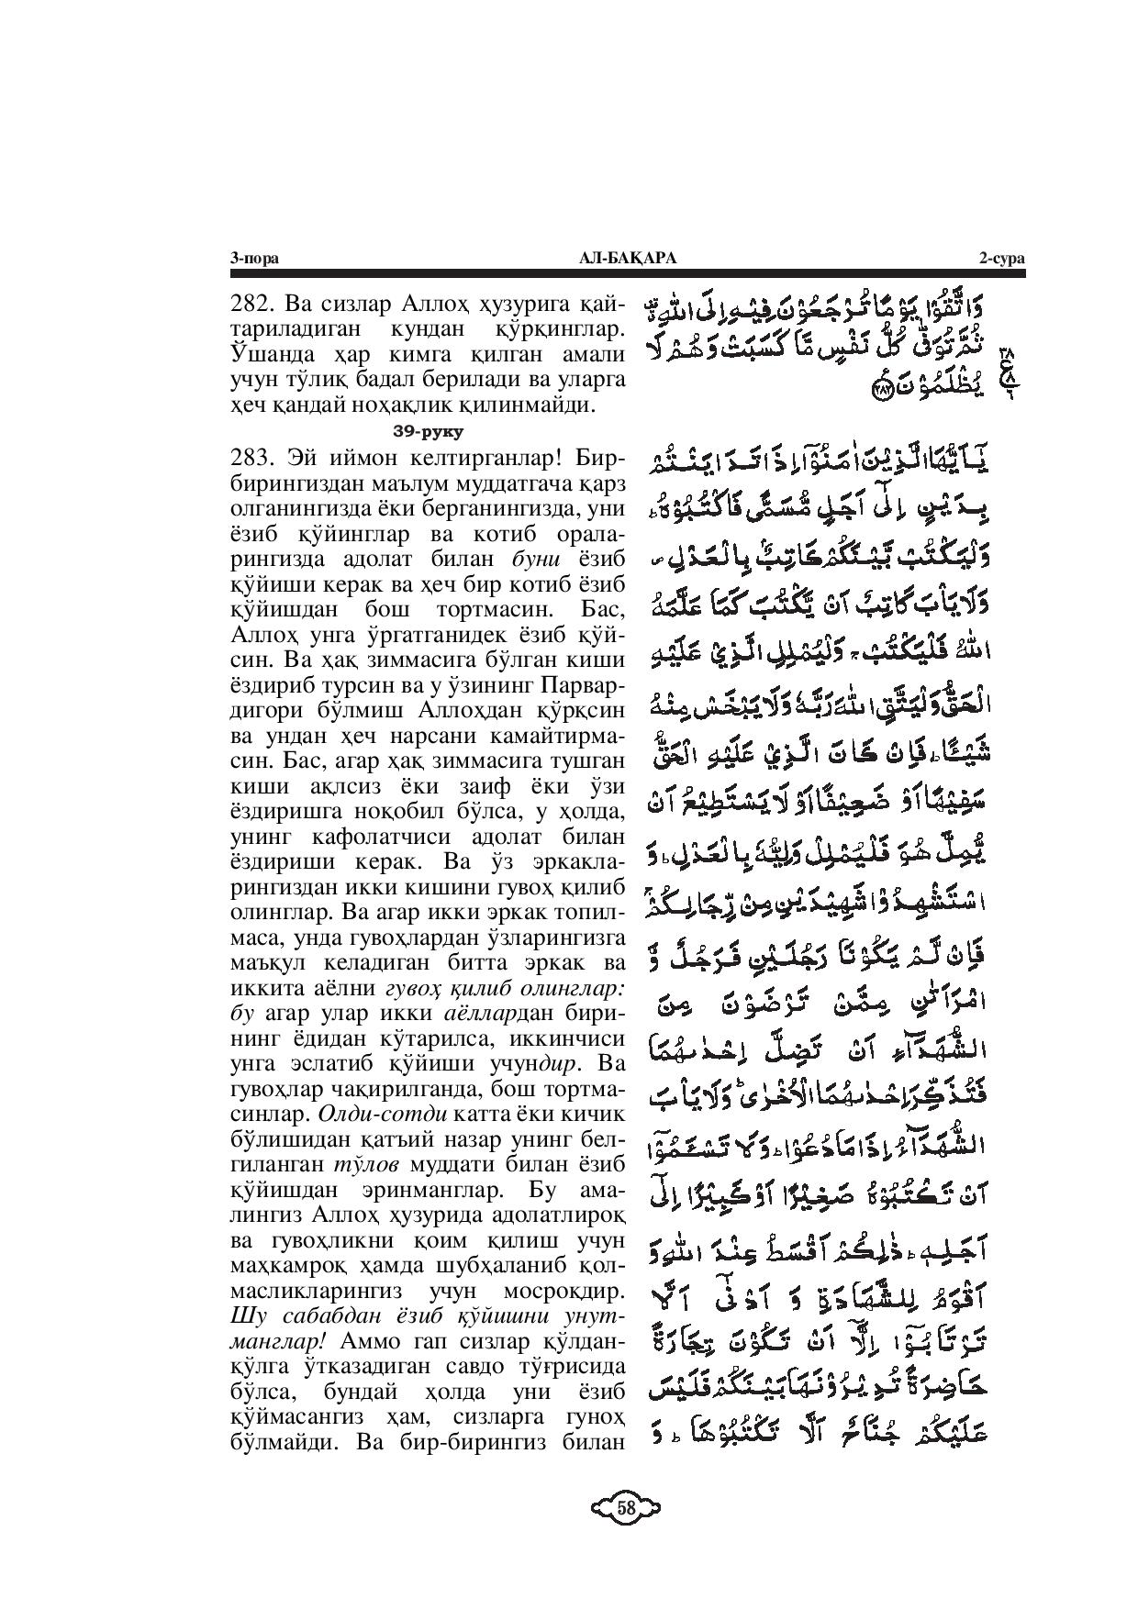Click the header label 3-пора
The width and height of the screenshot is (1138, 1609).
pyautogui.click(x=254, y=260)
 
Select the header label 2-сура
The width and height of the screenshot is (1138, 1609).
pyautogui.click(x=1001, y=260)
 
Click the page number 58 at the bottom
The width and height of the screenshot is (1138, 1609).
pyautogui.click(x=627, y=1507)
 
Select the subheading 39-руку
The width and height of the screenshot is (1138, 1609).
pyautogui.click(x=427, y=430)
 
